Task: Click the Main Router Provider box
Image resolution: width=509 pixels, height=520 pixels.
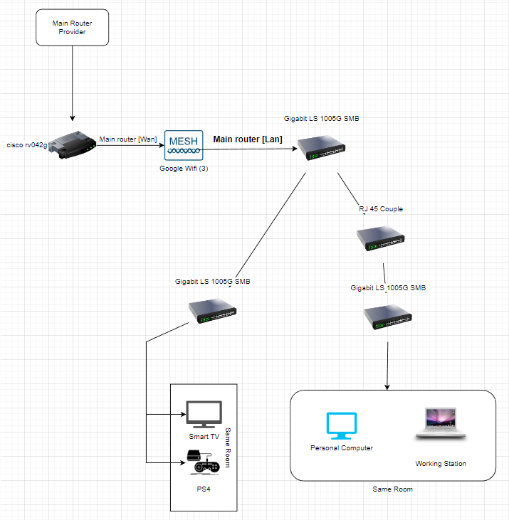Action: click(x=72, y=28)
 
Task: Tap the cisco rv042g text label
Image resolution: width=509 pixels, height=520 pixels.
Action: click(x=26, y=145)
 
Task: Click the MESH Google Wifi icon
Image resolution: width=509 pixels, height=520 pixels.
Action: click(x=183, y=144)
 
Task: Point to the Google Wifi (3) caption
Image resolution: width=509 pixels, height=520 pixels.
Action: click(x=183, y=168)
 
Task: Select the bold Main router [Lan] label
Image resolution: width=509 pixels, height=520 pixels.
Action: click(x=248, y=139)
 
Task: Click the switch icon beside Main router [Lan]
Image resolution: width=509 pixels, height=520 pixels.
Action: click(x=321, y=146)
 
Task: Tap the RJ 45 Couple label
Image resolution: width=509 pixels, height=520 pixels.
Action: click(x=380, y=209)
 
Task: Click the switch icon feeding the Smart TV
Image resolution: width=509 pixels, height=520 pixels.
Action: click(x=212, y=309)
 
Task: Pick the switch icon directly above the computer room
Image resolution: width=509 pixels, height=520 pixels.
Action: click(x=387, y=317)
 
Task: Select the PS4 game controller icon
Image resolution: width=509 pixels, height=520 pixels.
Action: click(x=204, y=463)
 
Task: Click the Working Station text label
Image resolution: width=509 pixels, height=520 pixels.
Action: click(x=441, y=464)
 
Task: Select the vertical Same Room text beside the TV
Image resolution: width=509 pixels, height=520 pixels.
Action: click(x=229, y=447)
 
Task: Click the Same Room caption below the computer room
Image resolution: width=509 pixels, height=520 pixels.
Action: click(x=392, y=489)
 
